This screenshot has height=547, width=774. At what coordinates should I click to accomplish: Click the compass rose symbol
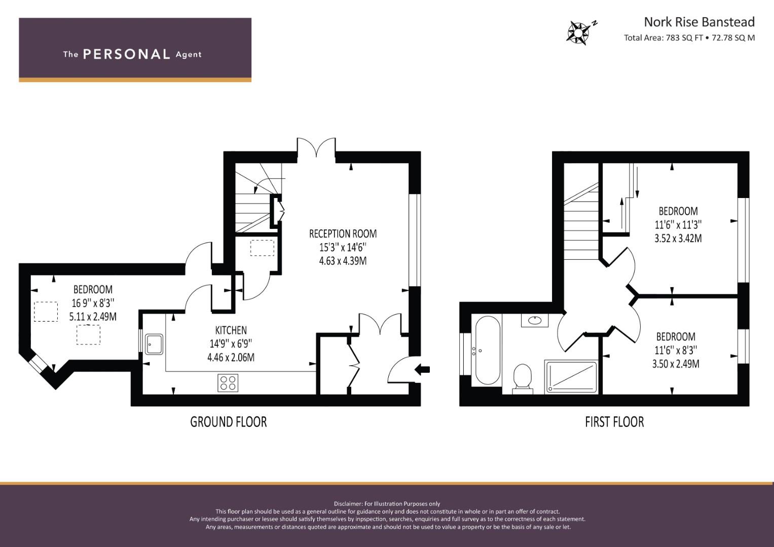click(x=578, y=33)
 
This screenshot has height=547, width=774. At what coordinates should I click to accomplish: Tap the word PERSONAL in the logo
click(x=127, y=54)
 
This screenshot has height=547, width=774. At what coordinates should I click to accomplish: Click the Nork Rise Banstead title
click(x=699, y=22)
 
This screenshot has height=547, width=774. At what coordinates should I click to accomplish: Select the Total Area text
click(x=689, y=37)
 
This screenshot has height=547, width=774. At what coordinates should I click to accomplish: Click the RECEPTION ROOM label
click(x=343, y=234)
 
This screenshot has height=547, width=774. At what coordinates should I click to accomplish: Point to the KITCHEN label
click(x=231, y=330)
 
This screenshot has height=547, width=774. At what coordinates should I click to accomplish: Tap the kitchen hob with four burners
click(x=228, y=382)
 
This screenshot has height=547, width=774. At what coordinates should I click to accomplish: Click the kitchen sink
click(x=154, y=344)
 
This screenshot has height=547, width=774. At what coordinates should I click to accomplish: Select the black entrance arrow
click(x=422, y=370)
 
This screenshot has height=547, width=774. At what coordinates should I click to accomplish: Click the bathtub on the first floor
click(x=487, y=350)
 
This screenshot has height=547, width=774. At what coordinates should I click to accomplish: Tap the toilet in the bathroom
click(x=523, y=379)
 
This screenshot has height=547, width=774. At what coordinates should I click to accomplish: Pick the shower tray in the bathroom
click(x=571, y=377)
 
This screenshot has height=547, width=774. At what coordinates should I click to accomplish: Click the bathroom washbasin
click(x=535, y=320)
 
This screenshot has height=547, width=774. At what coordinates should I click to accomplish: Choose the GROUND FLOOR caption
click(x=229, y=422)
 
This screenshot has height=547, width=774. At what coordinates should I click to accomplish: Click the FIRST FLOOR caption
click(x=614, y=422)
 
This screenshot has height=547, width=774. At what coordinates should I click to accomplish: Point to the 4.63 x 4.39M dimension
click(x=343, y=261)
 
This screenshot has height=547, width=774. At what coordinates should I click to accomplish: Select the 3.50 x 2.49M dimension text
click(x=676, y=364)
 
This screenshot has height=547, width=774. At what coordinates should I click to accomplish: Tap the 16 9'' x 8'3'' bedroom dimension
click(x=93, y=303)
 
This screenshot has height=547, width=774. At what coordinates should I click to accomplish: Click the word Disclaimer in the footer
click(x=348, y=504)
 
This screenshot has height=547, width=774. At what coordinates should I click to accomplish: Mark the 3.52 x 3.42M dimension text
click(x=678, y=239)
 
